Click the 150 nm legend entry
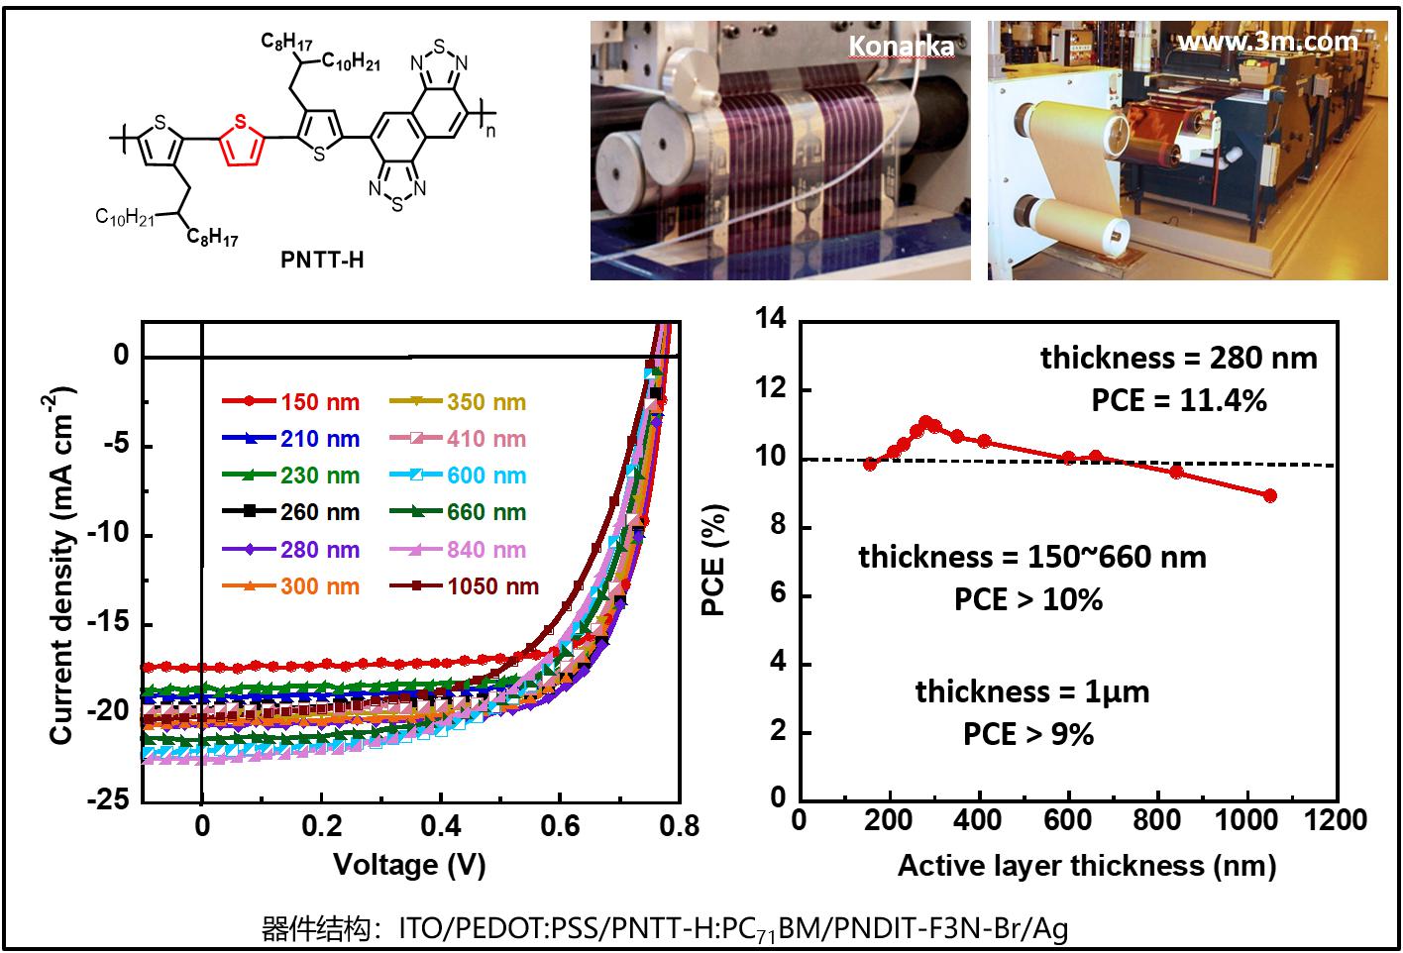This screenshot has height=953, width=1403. point(290,402)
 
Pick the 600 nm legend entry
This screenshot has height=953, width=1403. point(465,476)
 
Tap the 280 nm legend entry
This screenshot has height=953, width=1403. point(290,550)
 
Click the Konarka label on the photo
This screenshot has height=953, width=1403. point(902,46)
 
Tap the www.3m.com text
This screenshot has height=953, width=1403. point(1267,42)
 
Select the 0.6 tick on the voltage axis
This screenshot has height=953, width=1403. point(561,826)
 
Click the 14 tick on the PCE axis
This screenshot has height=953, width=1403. point(770,319)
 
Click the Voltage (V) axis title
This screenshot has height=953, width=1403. point(409,865)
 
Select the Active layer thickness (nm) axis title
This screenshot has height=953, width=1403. point(1086,866)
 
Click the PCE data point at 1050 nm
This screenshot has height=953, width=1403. point(1270,495)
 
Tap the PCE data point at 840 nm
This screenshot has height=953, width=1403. point(1176,472)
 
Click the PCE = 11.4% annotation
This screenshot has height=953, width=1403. point(1179,400)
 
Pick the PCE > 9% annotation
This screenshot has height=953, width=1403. point(1028,734)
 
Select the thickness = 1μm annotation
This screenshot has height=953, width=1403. point(1032,691)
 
